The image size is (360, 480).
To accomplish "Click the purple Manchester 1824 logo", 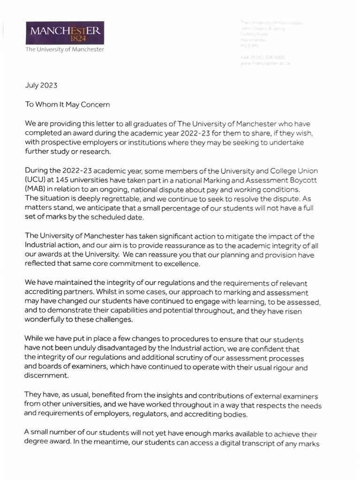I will [x=65, y=34].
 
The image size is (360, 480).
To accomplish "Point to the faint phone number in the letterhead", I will [x=262, y=57].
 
